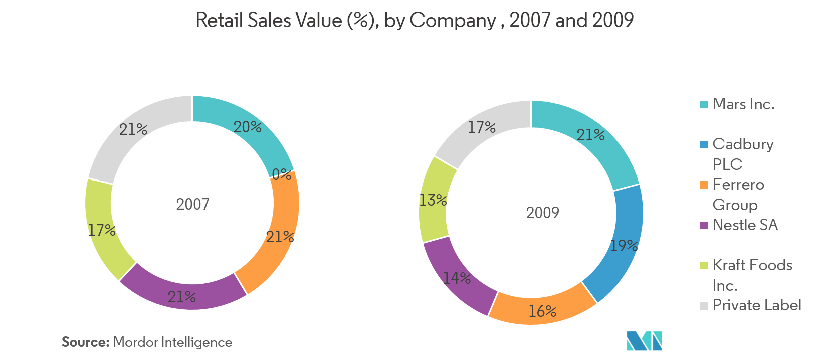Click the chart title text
tap(415, 20)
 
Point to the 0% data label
tap(282, 174)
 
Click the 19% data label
tap(624, 246)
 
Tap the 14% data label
tap(457, 278)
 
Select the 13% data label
tap(433, 201)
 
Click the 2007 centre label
tap(192, 204)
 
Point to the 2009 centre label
tap(543, 213)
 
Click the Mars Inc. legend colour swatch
tap(704, 104)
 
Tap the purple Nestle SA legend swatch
tap(704, 225)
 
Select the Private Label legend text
tap(757, 305)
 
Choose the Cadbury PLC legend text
tap(743, 154)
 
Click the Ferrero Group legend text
tap(738, 195)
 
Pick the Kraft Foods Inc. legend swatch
tap(704, 265)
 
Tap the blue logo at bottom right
tap(644, 340)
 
